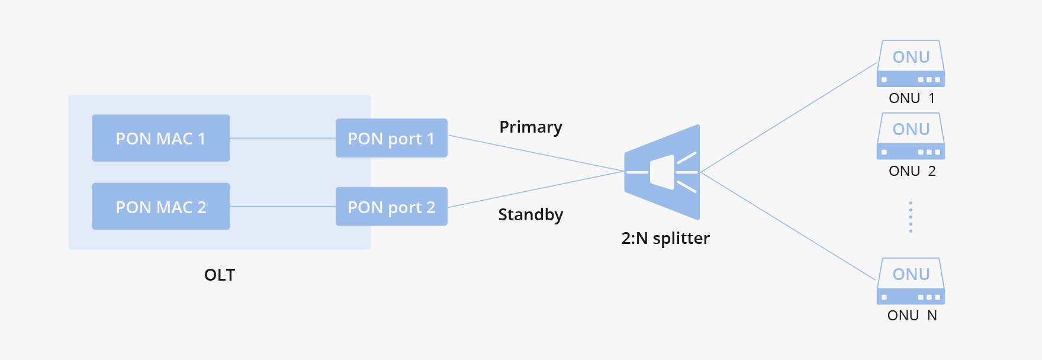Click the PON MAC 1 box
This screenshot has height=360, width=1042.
click(161, 138)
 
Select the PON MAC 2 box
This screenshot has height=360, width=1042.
click(161, 206)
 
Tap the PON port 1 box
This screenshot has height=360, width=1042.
click(391, 138)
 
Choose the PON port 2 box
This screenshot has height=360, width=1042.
click(391, 206)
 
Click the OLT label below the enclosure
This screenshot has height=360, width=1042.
click(220, 275)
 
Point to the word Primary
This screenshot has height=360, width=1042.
click(530, 127)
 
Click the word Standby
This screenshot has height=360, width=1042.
click(530, 214)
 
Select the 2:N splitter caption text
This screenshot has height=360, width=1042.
click(665, 238)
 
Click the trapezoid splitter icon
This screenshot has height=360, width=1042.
click(662, 172)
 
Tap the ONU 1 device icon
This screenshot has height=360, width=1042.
click(911, 63)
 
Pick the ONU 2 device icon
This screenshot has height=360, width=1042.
click(911, 136)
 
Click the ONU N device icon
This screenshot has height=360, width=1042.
click(911, 281)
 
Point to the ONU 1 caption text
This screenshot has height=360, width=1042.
click(912, 98)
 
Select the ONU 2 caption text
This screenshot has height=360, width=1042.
click(912, 171)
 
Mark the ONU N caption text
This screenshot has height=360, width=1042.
click(912, 316)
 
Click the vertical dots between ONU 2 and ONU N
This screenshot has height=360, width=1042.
click(911, 217)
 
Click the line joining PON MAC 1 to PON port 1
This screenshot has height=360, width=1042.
click(283, 138)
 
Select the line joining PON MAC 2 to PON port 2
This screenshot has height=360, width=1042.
click(283, 206)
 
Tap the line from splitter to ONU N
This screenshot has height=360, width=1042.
click(788, 226)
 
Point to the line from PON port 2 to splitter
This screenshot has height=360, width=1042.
click(536, 189)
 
